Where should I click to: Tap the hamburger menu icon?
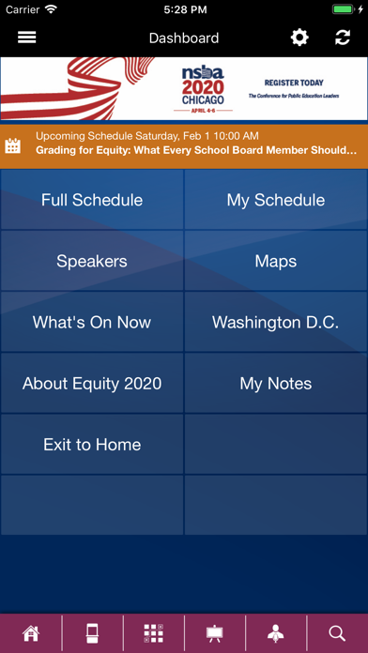tap(27, 38)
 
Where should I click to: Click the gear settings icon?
tap(299, 38)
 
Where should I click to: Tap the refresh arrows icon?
tap(343, 38)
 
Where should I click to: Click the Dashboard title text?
tap(184, 38)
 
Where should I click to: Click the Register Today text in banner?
tap(293, 84)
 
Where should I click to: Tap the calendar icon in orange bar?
tap(13, 145)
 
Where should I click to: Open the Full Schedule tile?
tap(92, 200)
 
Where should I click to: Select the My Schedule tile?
tap(276, 200)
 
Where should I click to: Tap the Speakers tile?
tap(92, 261)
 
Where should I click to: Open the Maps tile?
tap(276, 261)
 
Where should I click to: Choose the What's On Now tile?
tap(92, 322)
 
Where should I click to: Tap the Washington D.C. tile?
tap(276, 322)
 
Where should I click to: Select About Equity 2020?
tap(92, 384)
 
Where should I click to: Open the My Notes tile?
tap(276, 384)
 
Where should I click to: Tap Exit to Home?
tap(92, 445)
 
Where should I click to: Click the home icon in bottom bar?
tap(31, 633)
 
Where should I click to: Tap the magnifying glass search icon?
tap(337, 633)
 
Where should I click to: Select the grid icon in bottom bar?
tap(153, 633)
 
